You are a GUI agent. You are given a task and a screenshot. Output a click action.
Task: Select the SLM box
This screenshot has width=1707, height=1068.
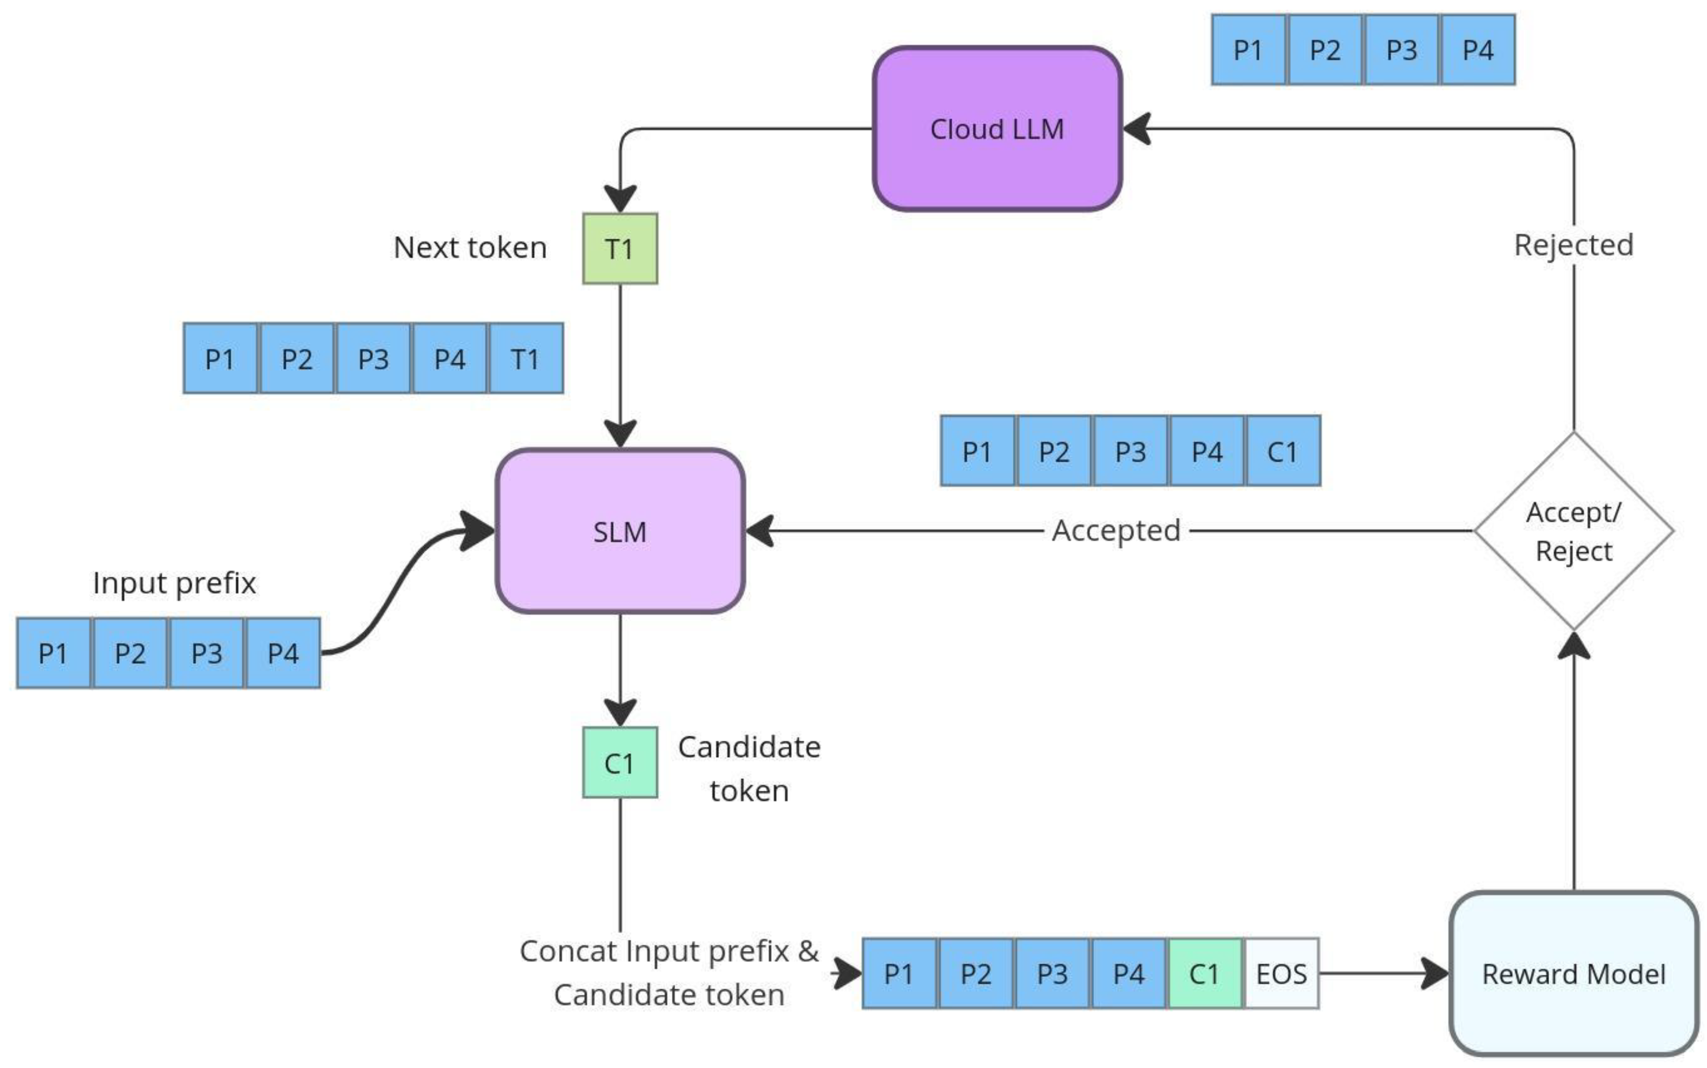(x=620, y=531)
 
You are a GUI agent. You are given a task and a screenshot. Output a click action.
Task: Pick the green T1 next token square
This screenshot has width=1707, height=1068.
(x=620, y=249)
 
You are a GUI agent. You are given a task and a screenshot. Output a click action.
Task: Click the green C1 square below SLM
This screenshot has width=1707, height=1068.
(x=620, y=763)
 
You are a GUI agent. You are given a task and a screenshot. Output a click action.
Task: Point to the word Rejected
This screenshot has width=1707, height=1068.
(x=1573, y=245)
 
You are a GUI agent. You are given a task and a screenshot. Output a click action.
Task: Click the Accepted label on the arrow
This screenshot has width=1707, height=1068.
(x=1116, y=530)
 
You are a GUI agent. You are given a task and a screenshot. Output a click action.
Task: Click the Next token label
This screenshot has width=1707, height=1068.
(x=470, y=248)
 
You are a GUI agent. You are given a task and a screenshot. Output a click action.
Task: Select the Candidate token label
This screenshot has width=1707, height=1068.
(x=749, y=768)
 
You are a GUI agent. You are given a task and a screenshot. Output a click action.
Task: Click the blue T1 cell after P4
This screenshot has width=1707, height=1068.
(x=526, y=359)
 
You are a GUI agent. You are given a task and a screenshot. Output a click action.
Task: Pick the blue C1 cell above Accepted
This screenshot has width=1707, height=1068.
(x=1283, y=451)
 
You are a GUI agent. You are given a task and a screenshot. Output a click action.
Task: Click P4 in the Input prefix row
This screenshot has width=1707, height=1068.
(x=283, y=653)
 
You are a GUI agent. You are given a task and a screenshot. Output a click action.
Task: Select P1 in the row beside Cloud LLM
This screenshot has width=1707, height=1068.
(x=1248, y=50)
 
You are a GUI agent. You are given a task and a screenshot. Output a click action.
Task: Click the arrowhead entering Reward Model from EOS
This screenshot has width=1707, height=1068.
(x=1435, y=973)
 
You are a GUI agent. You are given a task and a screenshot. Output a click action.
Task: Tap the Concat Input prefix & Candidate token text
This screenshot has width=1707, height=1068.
(x=669, y=973)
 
